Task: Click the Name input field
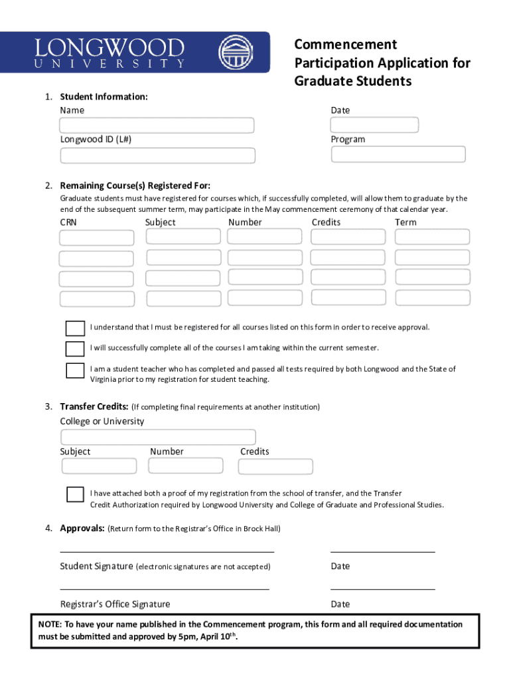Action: click(157, 126)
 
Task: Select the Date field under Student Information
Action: click(374, 125)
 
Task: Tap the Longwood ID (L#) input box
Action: click(157, 155)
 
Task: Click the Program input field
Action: click(398, 154)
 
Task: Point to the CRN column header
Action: click(68, 222)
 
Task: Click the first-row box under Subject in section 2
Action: click(183, 237)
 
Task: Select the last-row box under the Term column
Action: click(431, 298)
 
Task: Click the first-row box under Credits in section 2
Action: click(348, 237)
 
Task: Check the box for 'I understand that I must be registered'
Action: click(75, 328)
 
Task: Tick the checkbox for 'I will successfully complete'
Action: click(75, 349)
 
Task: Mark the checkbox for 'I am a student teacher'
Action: click(75, 371)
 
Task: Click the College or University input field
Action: click(158, 437)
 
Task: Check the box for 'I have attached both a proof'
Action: click(75, 495)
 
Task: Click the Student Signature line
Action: click(167, 551)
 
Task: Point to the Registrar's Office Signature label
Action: click(115, 604)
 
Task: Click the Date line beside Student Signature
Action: click(382, 551)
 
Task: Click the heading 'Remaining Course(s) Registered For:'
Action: click(135, 186)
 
